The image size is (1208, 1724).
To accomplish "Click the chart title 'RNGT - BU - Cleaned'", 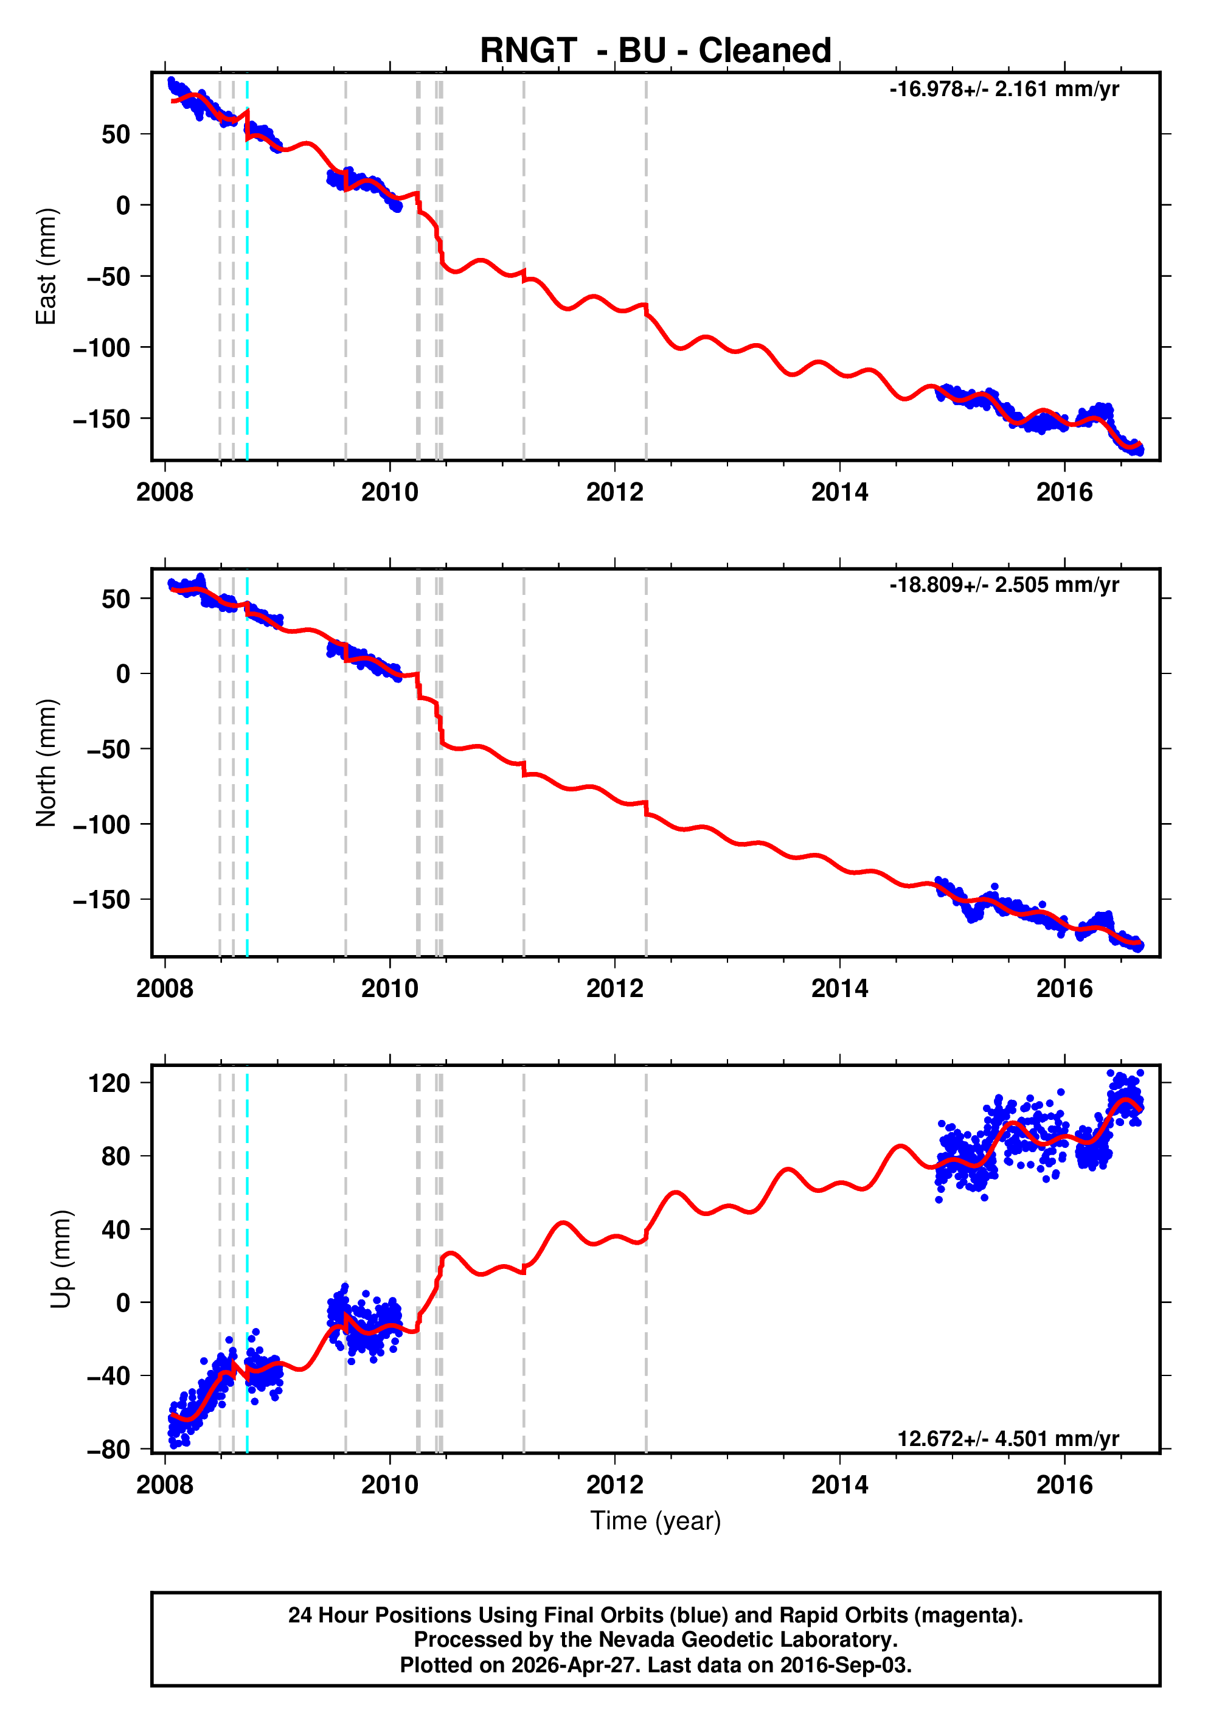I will pos(656,51).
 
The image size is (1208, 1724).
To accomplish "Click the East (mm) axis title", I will pos(47,266).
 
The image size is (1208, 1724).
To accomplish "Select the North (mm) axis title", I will pos(47,763).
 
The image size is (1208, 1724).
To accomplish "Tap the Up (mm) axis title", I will pos(61,1259).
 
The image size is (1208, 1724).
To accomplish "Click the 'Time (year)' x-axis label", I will pos(656,1520).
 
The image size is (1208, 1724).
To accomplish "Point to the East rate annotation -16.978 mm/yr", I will pos(1004,89).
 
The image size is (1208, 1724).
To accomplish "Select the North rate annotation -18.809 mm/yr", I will pos(1004,585).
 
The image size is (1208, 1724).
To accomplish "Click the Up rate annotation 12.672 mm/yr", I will pos(1007,1439).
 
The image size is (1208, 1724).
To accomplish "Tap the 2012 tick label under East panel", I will pos(615,493).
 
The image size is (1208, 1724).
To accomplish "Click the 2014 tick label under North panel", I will pos(839,989).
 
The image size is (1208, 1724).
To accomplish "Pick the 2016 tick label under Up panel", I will pos(1064,1484).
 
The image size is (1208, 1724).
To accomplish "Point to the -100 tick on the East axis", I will pos(102,347).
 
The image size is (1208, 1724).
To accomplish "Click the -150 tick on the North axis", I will pos(102,900).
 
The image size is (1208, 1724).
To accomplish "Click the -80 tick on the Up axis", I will pos(109,1449).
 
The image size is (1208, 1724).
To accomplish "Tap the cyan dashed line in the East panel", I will pos(247,301).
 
